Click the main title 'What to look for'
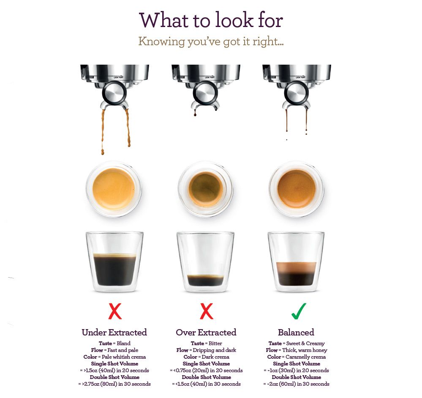tap(211, 20)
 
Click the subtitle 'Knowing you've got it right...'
tap(211, 42)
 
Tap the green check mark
tap(299, 311)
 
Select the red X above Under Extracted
tap(115, 311)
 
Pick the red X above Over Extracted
tap(207, 311)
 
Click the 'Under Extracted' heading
tap(114, 333)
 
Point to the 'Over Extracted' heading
tap(206, 333)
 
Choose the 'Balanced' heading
tap(296, 333)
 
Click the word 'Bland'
tap(123, 343)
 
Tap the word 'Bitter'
tap(215, 343)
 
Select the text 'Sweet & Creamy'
tap(305, 343)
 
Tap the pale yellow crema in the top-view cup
tap(114, 188)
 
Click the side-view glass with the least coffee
tap(206, 262)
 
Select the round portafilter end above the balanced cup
tap(296, 93)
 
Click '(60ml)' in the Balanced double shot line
tap(288, 384)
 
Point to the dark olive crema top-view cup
tap(206, 188)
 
